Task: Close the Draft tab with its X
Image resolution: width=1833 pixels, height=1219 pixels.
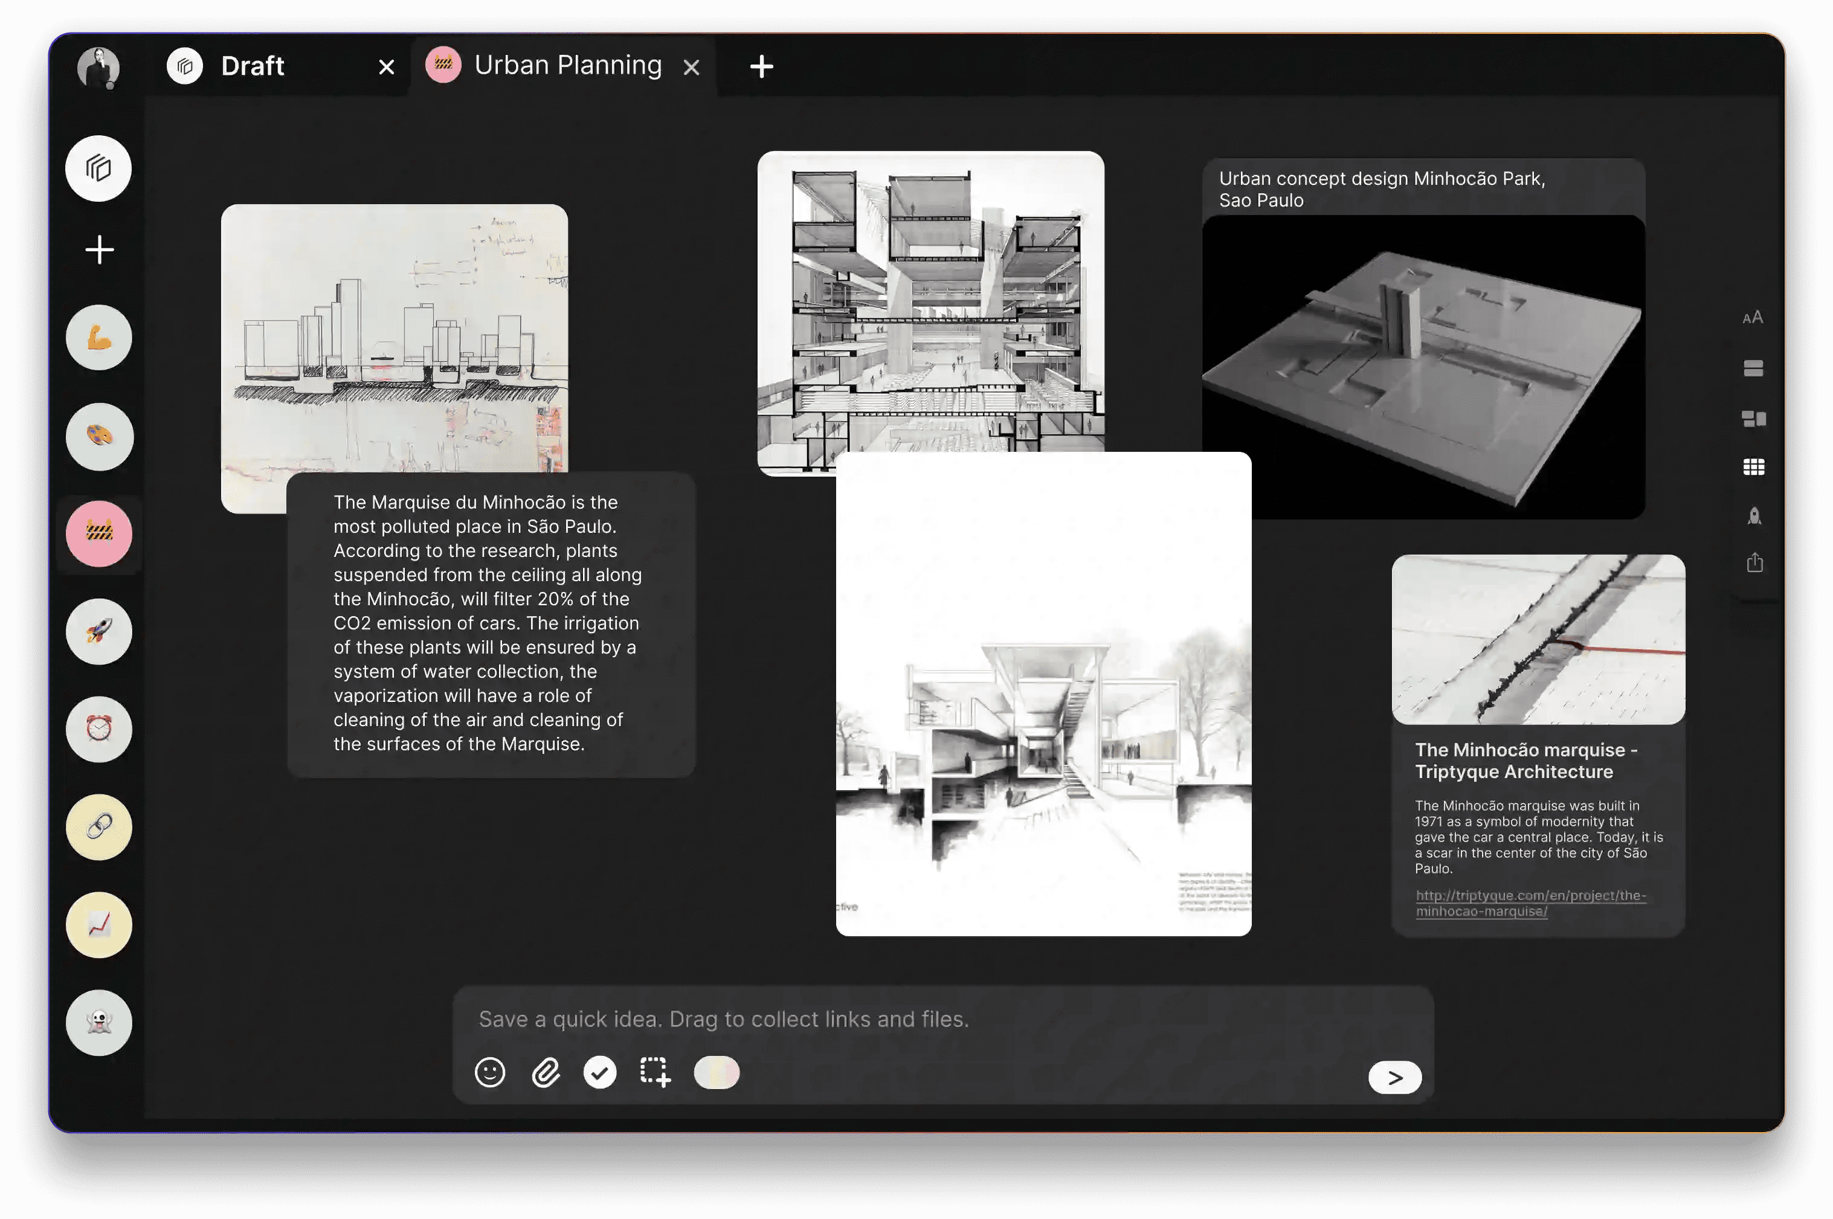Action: coord(386,68)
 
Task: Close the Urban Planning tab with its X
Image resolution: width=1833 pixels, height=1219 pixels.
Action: coord(691,68)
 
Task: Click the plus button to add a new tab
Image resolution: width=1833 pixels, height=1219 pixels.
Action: coord(761,67)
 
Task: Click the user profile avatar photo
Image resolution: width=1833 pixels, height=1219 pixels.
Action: coord(98,68)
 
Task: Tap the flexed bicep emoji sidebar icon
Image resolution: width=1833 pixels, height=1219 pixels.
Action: coord(98,338)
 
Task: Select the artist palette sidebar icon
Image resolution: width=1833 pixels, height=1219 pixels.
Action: coord(98,436)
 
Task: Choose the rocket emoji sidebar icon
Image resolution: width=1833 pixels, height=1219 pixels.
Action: coord(98,631)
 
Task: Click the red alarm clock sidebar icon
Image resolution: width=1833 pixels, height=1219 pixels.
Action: coord(98,729)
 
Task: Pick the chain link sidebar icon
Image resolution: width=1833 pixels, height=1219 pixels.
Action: coord(98,826)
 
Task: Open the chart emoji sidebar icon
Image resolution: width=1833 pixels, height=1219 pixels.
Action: coord(98,924)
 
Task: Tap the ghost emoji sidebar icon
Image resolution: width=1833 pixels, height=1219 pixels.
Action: coord(98,1022)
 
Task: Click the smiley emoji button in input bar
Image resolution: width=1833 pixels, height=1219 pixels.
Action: coord(490,1073)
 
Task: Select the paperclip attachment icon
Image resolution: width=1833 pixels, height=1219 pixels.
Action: coord(546,1073)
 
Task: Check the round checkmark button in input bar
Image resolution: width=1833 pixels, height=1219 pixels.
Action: coord(599,1073)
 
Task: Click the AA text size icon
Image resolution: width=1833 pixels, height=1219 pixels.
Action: coord(1752,317)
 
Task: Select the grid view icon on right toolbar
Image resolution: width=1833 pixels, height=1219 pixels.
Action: coord(1753,466)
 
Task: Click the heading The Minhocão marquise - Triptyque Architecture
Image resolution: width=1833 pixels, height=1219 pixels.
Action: coord(1524,761)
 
